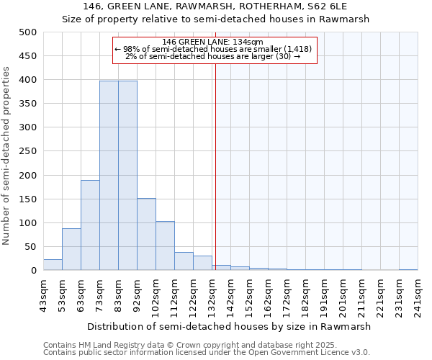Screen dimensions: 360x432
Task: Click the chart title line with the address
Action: [216, 6]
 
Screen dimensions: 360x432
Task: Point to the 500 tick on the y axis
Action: [28, 32]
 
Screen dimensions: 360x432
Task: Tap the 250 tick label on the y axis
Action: [28, 151]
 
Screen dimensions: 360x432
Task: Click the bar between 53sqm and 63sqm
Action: [71, 249]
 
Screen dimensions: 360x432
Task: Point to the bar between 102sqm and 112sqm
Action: [165, 246]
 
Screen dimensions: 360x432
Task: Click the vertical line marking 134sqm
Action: [215, 166]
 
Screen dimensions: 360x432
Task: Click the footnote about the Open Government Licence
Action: [206, 352]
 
